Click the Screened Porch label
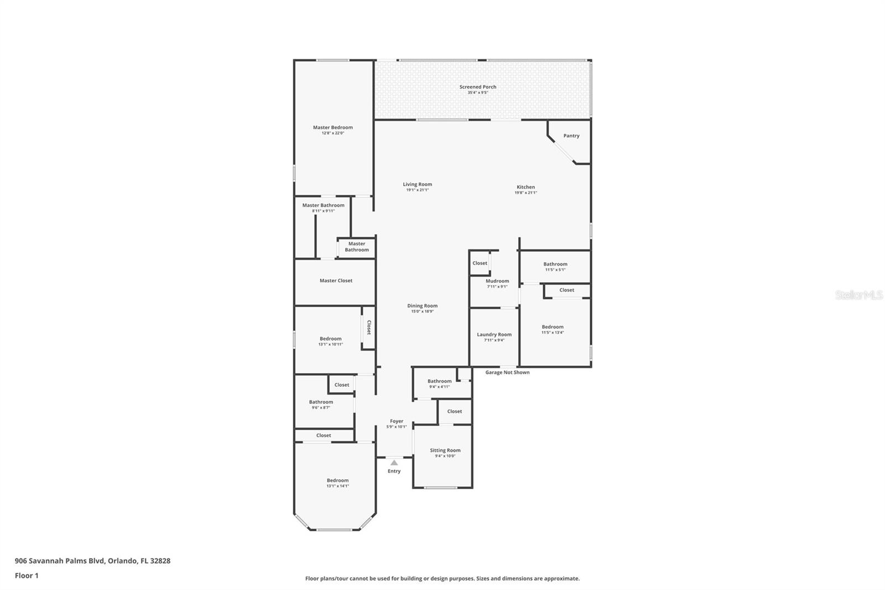477,87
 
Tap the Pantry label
571,136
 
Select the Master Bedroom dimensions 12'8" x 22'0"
332,133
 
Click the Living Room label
417,184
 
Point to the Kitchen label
525,187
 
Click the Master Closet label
336,281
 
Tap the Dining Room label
422,306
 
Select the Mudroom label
497,281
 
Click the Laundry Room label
494,334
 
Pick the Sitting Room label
445,450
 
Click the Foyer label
396,421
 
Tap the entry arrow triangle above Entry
394,463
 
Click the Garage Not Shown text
507,372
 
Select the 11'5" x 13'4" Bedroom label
552,327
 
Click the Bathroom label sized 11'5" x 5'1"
555,264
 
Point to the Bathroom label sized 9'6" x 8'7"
321,402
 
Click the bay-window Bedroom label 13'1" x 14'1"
337,480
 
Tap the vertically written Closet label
368,328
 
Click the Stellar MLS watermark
858,296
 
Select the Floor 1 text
27,576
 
